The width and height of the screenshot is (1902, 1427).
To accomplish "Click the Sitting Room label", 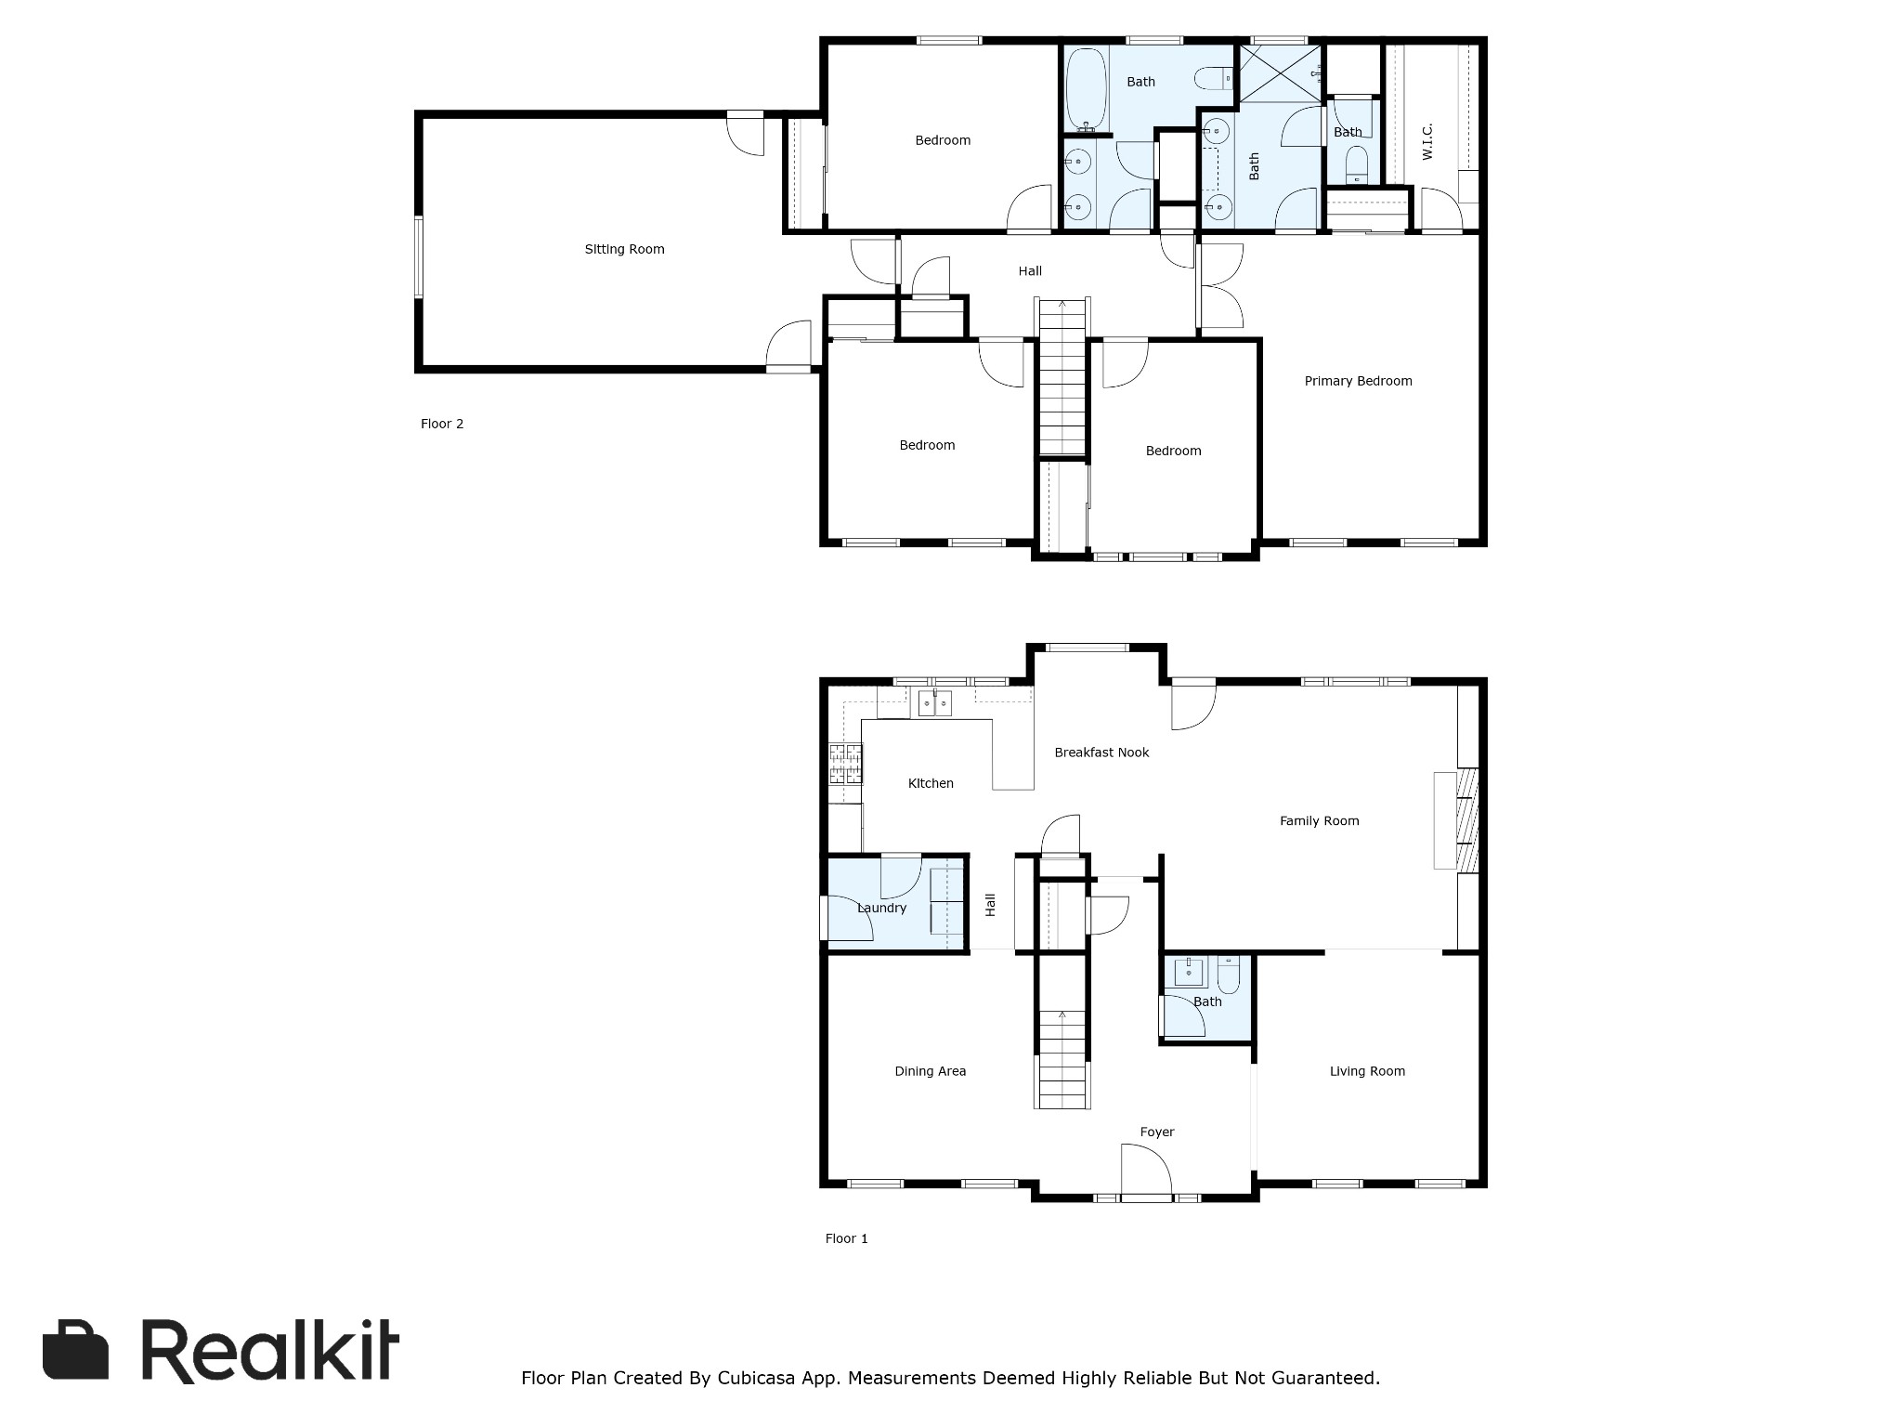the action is pos(624,249).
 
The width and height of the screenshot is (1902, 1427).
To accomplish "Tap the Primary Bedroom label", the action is pos(1358,381).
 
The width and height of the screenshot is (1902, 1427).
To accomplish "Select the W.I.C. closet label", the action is pos(1427,141).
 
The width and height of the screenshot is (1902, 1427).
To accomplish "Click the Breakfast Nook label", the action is pos(1101,753).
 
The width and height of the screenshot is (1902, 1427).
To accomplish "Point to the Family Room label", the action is pos(1319,820).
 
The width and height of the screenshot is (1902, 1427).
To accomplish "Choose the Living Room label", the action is pos(1367,1071).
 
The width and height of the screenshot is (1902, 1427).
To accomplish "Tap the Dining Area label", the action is pos(930,1071).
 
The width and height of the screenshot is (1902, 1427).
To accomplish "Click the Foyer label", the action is pos(1157,1132).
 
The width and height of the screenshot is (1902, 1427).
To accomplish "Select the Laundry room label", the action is pos(881,908).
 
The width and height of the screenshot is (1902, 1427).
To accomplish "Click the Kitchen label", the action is pos(931,783).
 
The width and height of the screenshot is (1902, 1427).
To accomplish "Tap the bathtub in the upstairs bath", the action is pos(1085,89).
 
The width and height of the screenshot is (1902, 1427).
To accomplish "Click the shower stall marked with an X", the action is pos(1280,74).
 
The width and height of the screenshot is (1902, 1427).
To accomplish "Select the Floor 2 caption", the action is pos(442,424).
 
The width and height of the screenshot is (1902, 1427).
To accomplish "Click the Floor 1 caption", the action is pos(846,1238).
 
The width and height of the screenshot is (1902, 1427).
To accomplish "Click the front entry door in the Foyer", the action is pos(1148,1171).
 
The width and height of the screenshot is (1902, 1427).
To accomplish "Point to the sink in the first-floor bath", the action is pos(1190,973).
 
